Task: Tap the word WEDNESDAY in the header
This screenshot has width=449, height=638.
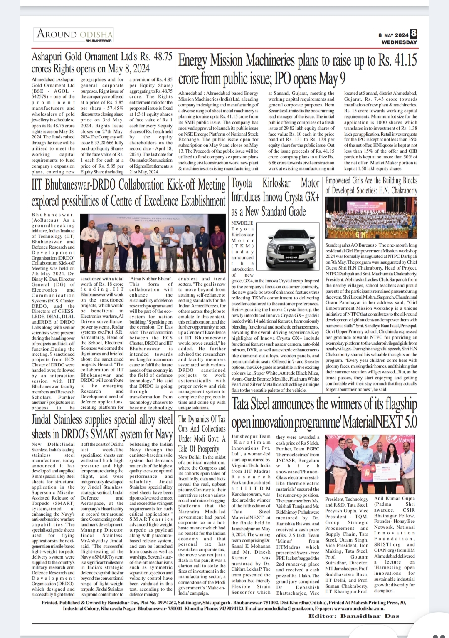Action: (400, 42)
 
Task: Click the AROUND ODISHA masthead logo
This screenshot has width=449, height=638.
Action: (75, 34)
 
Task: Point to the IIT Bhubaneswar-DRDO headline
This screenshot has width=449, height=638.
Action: (128, 193)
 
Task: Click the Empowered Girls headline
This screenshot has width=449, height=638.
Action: (371, 185)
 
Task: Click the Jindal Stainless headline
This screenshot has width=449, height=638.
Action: (102, 426)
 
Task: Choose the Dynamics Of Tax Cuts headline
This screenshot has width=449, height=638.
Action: (202, 433)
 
